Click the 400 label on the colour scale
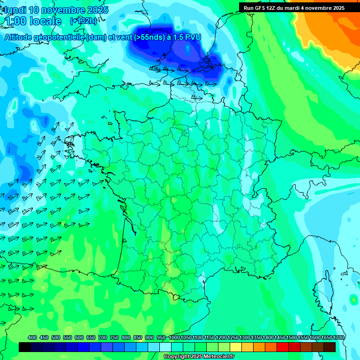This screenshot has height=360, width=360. [x=32, y=337]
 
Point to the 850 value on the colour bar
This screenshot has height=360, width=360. [x=138, y=337]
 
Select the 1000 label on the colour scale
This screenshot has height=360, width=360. [x=174, y=337]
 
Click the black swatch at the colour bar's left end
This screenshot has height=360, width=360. [x=25, y=347]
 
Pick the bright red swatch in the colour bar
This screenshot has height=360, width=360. [x=283, y=347]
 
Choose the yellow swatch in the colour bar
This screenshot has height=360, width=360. [x=236, y=347]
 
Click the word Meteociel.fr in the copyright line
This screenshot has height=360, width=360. [x=216, y=356]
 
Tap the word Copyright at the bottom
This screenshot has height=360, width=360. [x=177, y=356]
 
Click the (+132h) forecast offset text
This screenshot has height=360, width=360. [x=83, y=21]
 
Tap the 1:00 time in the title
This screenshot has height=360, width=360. [x=15, y=21]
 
